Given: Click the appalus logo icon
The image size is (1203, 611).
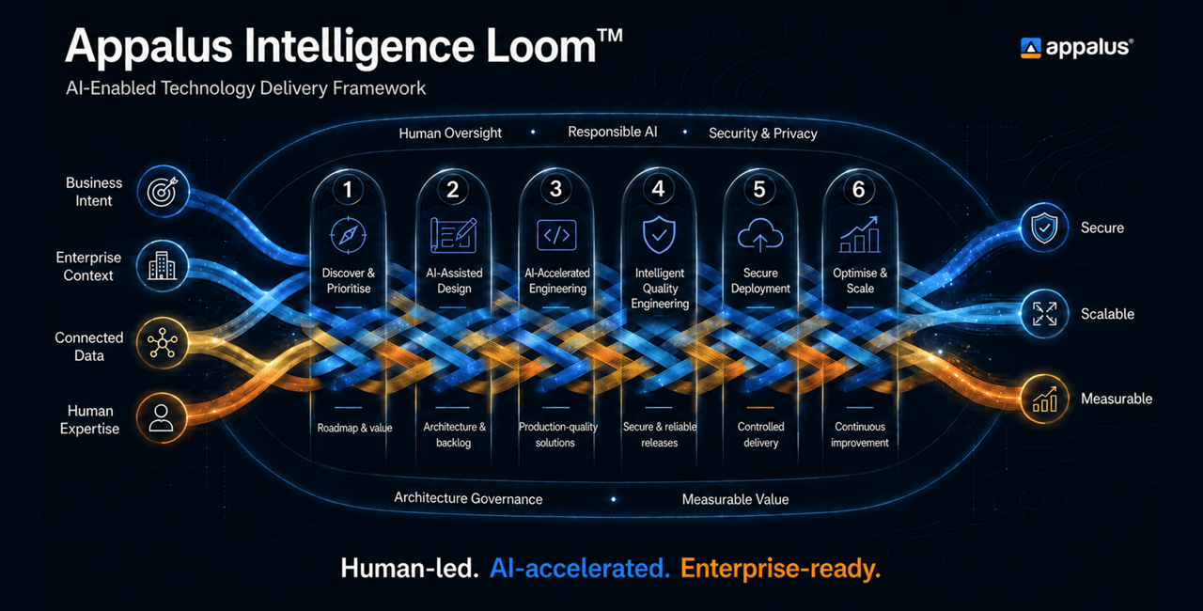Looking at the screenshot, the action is (1030, 48).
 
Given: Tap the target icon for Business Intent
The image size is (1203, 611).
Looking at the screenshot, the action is (163, 191).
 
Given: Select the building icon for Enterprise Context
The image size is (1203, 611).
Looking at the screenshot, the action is (163, 266).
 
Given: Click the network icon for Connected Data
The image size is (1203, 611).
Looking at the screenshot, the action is (163, 343).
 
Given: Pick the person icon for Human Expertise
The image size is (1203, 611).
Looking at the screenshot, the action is (161, 417).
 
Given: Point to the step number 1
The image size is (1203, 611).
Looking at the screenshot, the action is (348, 190).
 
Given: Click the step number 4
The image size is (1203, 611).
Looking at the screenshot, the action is (659, 189).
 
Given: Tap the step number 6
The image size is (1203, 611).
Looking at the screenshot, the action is (859, 190).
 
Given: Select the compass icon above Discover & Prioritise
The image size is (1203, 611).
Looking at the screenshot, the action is (348, 235).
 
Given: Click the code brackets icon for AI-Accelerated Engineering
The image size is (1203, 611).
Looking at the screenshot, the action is (556, 235).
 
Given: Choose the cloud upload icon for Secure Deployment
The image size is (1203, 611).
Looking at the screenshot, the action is (760, 235).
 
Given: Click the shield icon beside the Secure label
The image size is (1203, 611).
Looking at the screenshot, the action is (1044, 227).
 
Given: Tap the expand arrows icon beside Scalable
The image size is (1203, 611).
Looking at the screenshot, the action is (1044, 314).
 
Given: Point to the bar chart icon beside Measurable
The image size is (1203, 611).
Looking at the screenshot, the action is (1044, 399).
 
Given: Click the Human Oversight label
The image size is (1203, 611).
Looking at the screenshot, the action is (450, 133).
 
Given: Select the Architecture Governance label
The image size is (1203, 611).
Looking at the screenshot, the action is (468, 498).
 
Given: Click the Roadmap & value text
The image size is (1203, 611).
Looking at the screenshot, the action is (354, 428).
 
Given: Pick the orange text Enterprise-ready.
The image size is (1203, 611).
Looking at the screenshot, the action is (780, 569).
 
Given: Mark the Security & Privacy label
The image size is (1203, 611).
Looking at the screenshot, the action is (763, 133).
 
